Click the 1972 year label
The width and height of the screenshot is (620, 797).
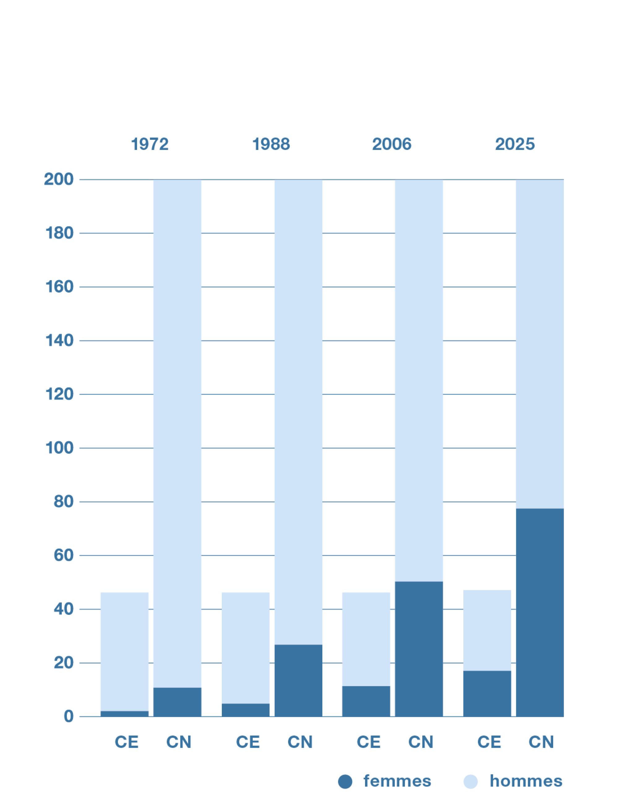[150, 144]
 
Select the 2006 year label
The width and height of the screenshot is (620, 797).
[391, 144]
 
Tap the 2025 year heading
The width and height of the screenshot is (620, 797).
[515, 144]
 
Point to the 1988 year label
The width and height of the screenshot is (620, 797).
[271, 144]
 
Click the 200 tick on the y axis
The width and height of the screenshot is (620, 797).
[59, 180]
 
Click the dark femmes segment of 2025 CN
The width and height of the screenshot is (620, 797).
[539, 613]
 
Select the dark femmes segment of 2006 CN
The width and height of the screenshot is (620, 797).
[419, 649]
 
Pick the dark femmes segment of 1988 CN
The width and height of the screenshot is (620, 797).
[298, 681]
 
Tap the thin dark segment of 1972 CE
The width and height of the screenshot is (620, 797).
[124, 714]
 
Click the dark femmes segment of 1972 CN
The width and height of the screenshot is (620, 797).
[177, 702]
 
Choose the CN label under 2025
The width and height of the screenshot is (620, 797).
[541, 742]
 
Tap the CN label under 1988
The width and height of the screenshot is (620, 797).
[300, 742]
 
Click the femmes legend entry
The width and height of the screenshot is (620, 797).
[397, 781]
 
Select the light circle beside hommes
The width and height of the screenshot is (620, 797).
[470, 782]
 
